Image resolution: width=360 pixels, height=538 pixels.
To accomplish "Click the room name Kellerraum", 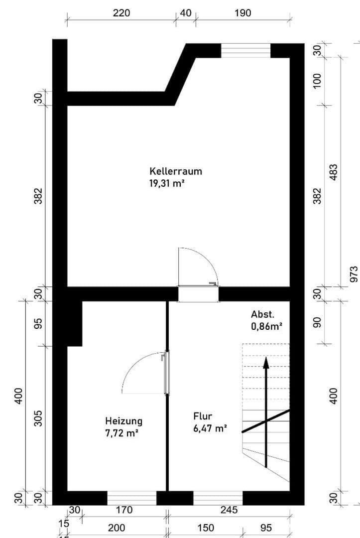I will tap(176, 171).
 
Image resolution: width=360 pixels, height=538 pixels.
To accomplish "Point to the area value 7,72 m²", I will tap(121, 433).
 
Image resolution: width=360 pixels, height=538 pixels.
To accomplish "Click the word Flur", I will tap(203, 416).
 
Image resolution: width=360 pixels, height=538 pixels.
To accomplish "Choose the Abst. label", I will tap(262, 314).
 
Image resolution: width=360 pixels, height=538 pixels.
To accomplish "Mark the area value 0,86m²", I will tap(266, 327).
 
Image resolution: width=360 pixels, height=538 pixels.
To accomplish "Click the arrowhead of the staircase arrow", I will tap(266, 362).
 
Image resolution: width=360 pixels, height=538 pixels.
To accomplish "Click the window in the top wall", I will tap(245, 50).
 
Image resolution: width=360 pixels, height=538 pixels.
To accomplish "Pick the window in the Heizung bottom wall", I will tap(132, 498).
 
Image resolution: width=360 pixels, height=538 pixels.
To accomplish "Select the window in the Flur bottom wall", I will tap(218, 498).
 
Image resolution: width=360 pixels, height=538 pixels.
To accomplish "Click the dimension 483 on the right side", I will tap(334, 173).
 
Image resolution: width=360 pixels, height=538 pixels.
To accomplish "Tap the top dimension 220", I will tap(121, 13).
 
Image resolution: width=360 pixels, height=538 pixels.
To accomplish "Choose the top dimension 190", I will tap(242, 13).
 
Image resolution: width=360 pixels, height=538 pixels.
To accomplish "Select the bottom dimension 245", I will tap(229, 510).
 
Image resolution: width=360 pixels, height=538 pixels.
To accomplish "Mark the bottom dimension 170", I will tap(124, 510).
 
